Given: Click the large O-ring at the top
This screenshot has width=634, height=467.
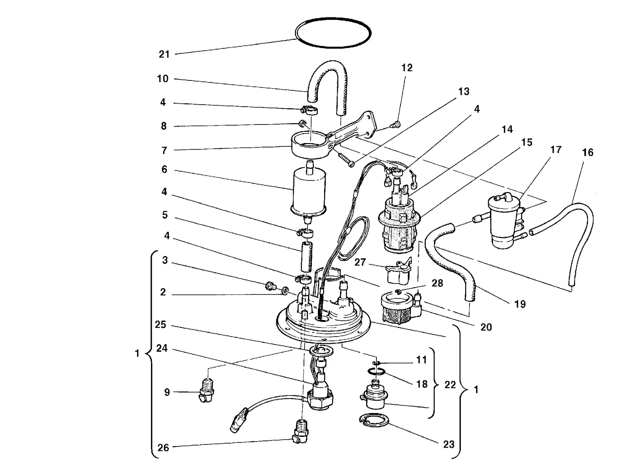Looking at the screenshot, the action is (x=333, y=19).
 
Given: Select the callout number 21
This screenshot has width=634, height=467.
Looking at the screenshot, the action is (x=164, y=54).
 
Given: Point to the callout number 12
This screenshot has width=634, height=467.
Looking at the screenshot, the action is (x=407, y=68).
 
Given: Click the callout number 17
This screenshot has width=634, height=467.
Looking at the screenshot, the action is (x=556, y=149).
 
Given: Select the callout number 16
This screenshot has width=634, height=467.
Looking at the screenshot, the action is (x=588, y=152).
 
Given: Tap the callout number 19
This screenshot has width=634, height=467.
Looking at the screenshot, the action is (x=519, y=304).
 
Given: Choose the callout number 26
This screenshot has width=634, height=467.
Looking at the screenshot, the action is (x=163, y=448).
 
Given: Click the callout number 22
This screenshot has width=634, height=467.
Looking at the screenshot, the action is (x=450, y=385).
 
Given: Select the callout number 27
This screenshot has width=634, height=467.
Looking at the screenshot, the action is (x=360, y=262).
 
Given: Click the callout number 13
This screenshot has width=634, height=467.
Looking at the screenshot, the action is (x=464, y=92).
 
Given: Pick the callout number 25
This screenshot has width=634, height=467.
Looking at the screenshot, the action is (x=160, y=324).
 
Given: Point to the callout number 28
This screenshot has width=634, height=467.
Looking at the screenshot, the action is (x=437, y=283).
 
